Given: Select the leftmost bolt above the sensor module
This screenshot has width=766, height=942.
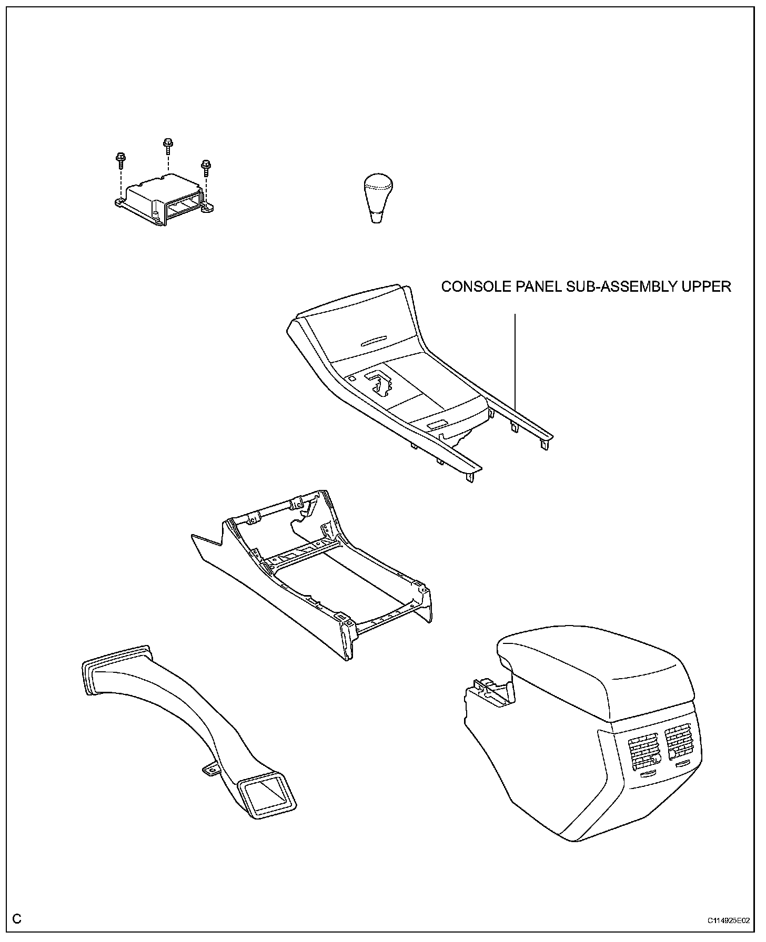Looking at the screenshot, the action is [x=119, y=158].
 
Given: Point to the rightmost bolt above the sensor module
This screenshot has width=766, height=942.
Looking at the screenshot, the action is [x=206, y=166].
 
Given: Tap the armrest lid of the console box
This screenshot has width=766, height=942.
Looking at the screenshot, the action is [x=594, y=673].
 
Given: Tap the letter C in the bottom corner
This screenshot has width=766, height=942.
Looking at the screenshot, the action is [x=17, y=919].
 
